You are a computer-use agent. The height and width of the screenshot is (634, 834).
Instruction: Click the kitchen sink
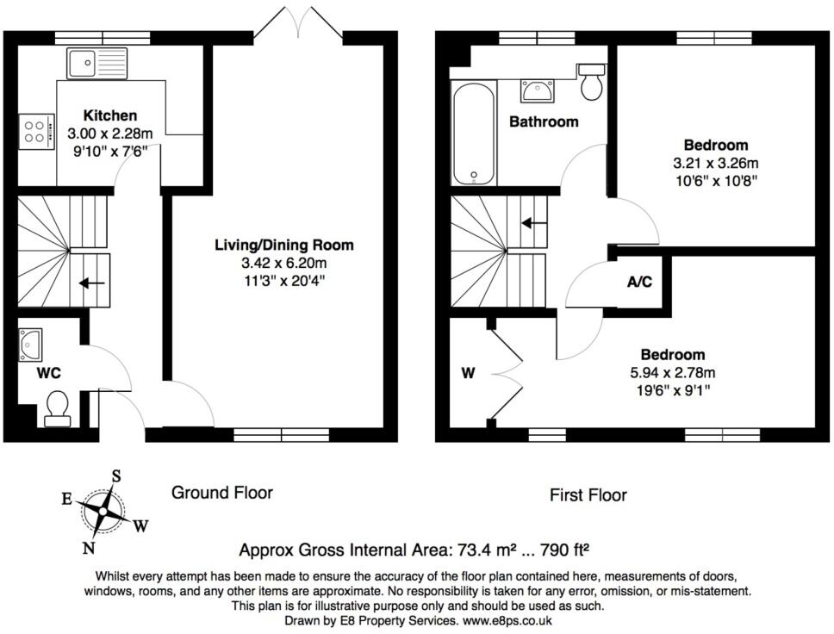tap(96, 63)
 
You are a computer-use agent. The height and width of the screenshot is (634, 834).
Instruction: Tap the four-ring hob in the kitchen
tap(37, 132)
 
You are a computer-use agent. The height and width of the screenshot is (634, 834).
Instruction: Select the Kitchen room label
tap(110, 115)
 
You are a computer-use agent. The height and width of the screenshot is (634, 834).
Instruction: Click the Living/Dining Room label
tap(284, 246)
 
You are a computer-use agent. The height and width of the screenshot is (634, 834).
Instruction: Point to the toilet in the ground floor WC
tap(58, 409)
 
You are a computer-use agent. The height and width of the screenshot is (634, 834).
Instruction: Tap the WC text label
tap(48, 373)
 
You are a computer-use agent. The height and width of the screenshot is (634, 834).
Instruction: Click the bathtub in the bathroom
tap(474, 133)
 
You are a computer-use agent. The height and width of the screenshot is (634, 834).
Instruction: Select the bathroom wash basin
tap(538, 90)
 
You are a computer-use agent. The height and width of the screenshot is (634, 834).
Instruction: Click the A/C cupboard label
tap(639, 282)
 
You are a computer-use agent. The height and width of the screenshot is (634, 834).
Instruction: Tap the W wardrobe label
tap(468, 373)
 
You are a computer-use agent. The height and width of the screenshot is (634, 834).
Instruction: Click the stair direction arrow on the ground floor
tap(92, 283)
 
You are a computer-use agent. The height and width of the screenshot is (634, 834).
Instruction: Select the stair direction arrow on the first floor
tap(534, 223)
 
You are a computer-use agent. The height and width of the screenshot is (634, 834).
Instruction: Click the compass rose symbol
tap(103, 511)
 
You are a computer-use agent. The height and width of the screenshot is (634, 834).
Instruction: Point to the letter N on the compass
tap(88, 548)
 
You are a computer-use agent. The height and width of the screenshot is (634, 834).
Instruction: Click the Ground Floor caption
tap(221, 493)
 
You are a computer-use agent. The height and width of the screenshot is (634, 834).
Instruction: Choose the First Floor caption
tap(588, 495)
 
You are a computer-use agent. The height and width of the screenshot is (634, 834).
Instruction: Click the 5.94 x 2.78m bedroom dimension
tap(673, 372)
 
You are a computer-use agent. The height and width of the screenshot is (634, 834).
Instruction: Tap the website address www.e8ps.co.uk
tap(507, 620)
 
